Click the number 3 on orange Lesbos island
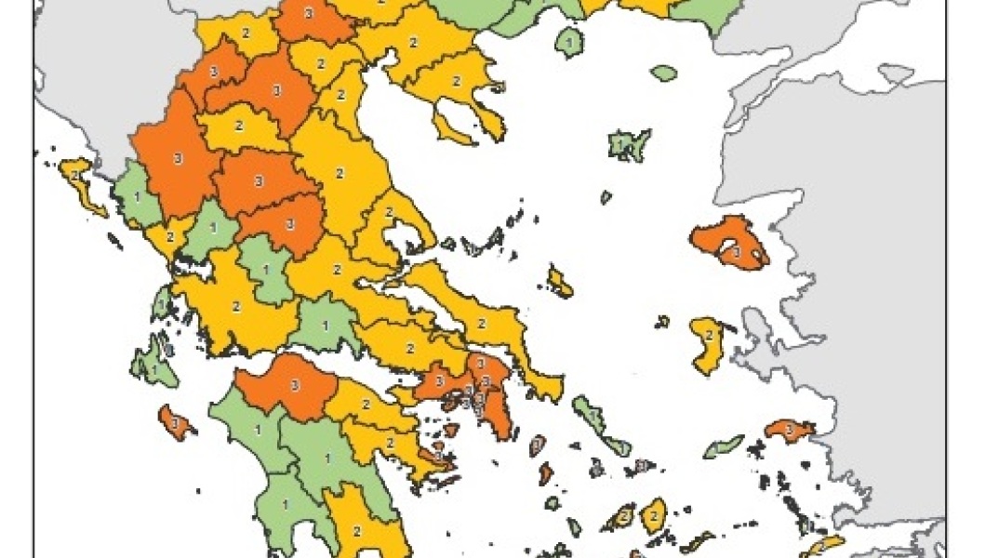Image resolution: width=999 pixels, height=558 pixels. [x=736, y=250]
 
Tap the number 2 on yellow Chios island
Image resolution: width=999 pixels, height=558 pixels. [x=709, y=335]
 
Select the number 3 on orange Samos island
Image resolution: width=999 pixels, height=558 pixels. [x=789, y=430]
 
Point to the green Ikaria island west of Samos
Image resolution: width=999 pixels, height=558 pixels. [x=724, y=447]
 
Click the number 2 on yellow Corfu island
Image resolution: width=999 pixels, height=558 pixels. [x=73, y=171]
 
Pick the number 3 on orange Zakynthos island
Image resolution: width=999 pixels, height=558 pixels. [x=175, y=423]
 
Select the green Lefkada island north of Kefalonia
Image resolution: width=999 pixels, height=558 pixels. [x=162, y=303]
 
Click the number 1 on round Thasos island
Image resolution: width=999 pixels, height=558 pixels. [x=568, y=42]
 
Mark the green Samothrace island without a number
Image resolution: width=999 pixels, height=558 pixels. [x=663, y=73]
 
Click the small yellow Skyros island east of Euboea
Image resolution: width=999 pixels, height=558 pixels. [x=560, y=282]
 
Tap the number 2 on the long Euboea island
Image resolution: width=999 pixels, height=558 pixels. [x=482, y=323]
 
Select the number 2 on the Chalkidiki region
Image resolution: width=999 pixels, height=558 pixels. [x=456, y=81]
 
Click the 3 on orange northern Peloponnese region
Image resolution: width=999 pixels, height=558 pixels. [x=295, y=385]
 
